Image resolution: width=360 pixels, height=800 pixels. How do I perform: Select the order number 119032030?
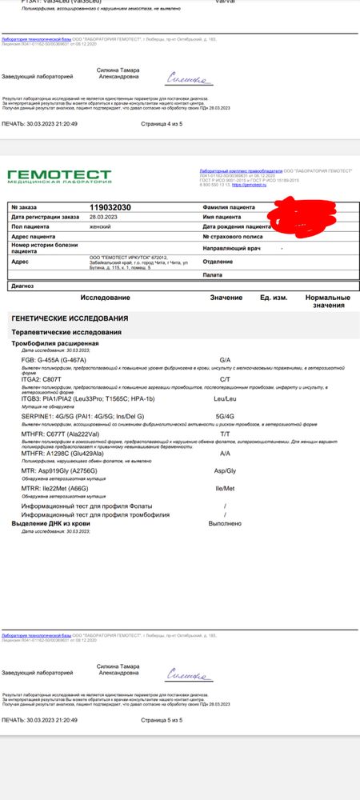(111, 207)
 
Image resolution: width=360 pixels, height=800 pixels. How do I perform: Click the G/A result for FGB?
(225, 360)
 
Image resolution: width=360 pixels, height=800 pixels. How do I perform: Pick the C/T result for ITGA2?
(225, 378)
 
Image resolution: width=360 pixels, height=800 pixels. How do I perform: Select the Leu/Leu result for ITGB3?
(225, 397)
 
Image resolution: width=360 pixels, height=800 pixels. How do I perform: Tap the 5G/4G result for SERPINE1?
(225, 416)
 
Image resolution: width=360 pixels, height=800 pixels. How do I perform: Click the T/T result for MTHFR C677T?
(225, 434)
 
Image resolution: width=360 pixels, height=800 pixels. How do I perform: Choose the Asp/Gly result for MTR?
(225, 472)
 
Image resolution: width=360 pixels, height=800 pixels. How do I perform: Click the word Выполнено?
(225, 524)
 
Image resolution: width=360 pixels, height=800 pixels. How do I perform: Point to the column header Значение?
(226, 297)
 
